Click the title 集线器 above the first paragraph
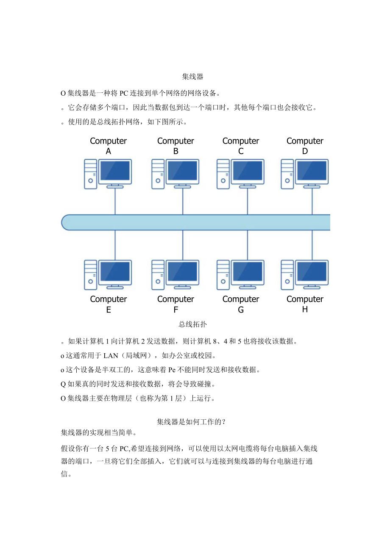pyautogui.click(x=192, y=77)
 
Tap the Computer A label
pyautogui.click(x=108, y=146)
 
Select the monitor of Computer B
pyautogui.click(x=183, y=171)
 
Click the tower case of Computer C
pyautogui.click(x=223, y=174)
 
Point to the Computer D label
pyautogui.click(x=305, y=146)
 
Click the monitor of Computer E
pyautogui.click(x=115, y=272)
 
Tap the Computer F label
pyautogui.click(x=175, y=304)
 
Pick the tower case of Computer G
pyautogui.click(x=223, y=274)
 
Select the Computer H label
pyautogui.click(x=305, y=304)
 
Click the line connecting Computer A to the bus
pyautogui.click(x=115, y=201)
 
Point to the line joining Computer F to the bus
pyautogui.click(x=183, y=245)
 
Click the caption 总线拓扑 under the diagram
pyautogui.click(x=192, y=324)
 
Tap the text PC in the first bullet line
pyautogui.click(x=124, y=93)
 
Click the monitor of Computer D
pyautogui.click(x=312, y=171)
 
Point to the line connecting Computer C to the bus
pyautogui.click(x=248, y=201)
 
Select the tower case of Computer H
pyautogui.click(x=287, y=274)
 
